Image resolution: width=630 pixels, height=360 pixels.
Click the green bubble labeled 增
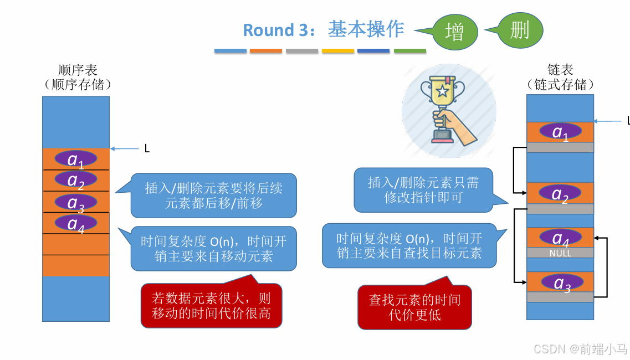pos(454,33)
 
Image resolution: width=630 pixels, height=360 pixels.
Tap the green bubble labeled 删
pos(520,30)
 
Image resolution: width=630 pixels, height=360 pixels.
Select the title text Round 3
pos(275,30)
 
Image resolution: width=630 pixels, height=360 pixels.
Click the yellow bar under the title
pos(338,51)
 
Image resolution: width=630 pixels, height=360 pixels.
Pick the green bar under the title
pos(410,51)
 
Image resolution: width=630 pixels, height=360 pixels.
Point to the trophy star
pos(442,90)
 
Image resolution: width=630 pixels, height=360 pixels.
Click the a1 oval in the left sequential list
pos(76,159)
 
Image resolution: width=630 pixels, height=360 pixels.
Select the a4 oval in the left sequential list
pos(76,223)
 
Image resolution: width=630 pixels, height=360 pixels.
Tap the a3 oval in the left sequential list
pos(76,203)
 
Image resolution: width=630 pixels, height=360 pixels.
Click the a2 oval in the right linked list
pos(560,193)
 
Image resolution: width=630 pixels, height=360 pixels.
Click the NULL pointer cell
pos(560,253)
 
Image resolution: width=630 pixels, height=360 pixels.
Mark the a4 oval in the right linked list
pos(560,238)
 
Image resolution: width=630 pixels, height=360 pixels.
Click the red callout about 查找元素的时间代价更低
pos(414,307)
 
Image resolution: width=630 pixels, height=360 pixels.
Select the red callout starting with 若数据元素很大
pos(212,306)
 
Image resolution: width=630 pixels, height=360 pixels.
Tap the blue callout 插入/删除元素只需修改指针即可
pos(423,190)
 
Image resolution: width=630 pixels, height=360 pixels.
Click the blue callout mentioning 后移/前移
pos(213,196)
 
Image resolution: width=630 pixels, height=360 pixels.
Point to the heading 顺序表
pos(78,70)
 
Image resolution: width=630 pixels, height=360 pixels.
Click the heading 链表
pos(560,70)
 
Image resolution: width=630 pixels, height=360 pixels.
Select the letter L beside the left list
pos(147,148)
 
